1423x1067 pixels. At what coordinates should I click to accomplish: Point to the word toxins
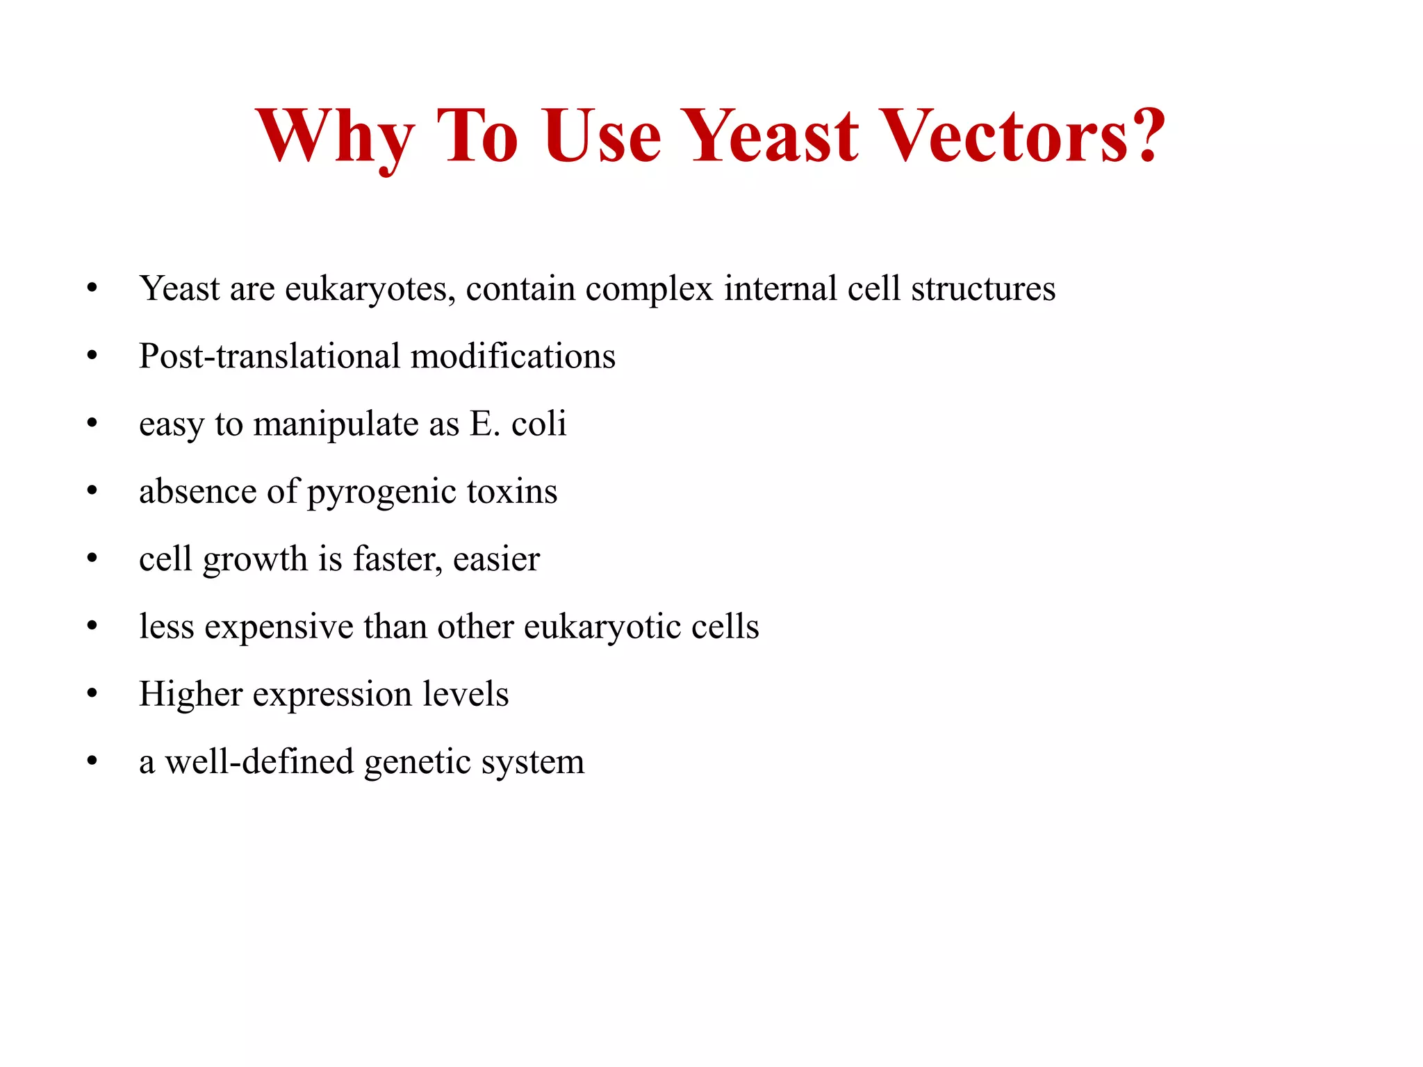tap(512, 492)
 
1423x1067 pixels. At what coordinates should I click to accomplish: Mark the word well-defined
tap(259, 761)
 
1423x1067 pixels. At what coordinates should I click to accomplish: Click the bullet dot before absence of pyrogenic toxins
tap(92, 491)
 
